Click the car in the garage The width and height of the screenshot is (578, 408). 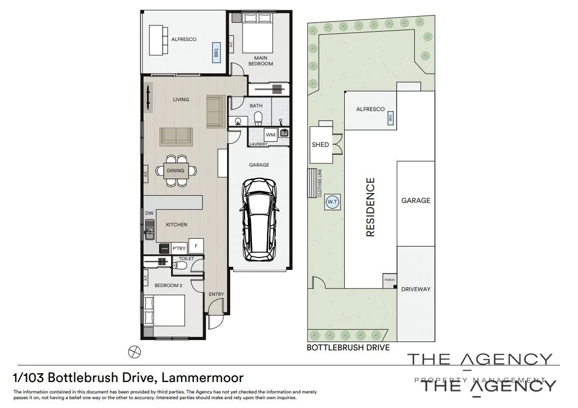pyautogui.click(x=259, y=219)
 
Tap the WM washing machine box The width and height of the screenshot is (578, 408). pyautogui.click(x=271, y=135)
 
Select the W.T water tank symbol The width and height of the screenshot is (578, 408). pyautogui.click(x=332, y=202)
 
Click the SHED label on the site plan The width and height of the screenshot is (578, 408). pyautogui.click(x=320, y=144)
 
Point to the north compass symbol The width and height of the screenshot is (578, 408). pyautogui.click(x=134, y=351)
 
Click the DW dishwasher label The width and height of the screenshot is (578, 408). pyautogui.click(x=149, y=213)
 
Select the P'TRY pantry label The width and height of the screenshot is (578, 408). pyautogui.click(x=179, y=249)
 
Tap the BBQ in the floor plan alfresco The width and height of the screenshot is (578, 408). pyautogui.click(x=216, y=52)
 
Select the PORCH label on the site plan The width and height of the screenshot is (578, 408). pyautogui.click(x=389, y=280)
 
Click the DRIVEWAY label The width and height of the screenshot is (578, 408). pyautogui.click(x=416, y=289)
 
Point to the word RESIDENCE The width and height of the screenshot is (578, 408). pyautogui.click(x=370, y=208)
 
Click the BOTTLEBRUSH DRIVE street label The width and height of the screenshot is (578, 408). pyautogui.click(x=348, y=348)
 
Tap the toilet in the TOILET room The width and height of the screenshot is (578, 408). pyautogui.click(x=180, y=266)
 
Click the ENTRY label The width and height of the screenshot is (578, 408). pyautogui.click(x=216, y=294)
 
